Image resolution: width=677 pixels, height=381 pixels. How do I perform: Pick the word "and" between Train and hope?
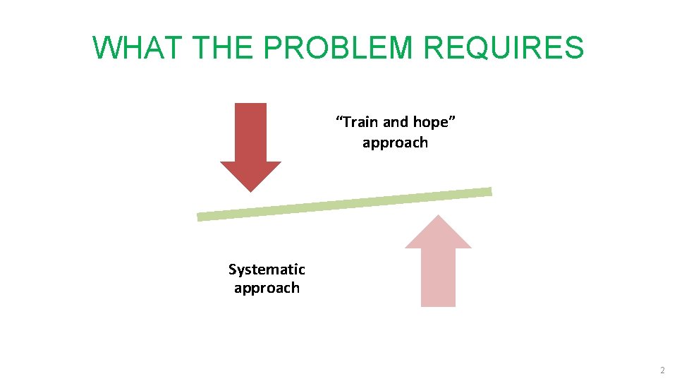pos(396,122)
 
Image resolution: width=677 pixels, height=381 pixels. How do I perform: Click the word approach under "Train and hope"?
pos(395,143)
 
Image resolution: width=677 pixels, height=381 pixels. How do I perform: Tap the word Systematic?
pos(267,270)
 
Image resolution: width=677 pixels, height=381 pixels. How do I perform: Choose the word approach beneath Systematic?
pos(267,289)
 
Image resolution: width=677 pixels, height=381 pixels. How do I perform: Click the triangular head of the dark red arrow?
pos(250,175)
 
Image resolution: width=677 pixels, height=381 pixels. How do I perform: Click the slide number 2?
pos(661,370)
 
